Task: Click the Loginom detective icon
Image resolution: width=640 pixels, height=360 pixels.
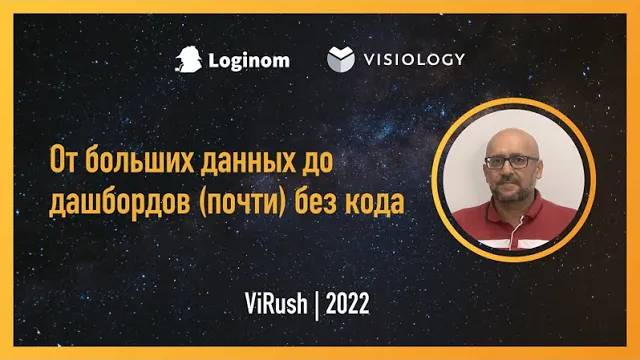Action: [189, 59]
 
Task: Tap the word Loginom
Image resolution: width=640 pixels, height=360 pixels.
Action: [249, 60]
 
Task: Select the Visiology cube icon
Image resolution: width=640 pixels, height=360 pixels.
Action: [341, 59]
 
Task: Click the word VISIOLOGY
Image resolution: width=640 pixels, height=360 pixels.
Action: [415, 59]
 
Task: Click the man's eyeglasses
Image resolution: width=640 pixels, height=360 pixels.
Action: [512, 161]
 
